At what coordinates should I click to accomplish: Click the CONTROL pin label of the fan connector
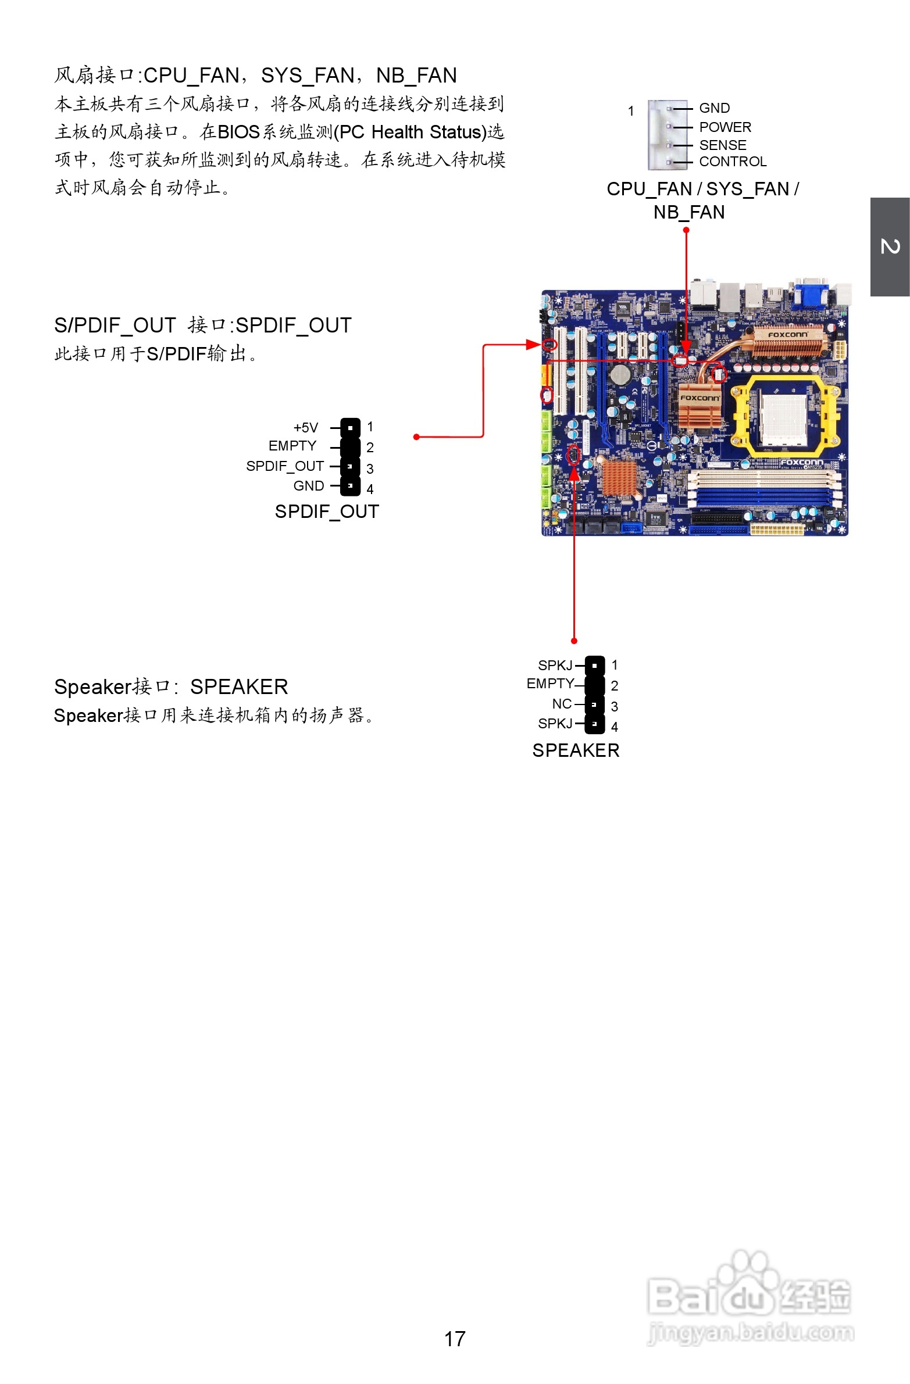[x=733, y=162]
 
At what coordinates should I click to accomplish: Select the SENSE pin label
[x=723, y=145]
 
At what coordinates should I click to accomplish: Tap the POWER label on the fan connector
[x=725, y=127]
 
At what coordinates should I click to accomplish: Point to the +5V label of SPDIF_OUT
[x=306, y=428]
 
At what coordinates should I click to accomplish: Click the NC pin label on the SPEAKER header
[x=562, y=704]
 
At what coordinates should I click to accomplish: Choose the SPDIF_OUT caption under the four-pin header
[x=327, y=512]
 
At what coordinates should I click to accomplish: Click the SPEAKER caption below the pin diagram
[x=576, y=751]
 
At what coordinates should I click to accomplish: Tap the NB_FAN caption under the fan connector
[x=689, y=213]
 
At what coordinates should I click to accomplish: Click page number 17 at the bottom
[x=454, y=1339]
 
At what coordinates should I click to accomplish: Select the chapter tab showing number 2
[x=890, y=246]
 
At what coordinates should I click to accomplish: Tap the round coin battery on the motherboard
[x=621, y=374]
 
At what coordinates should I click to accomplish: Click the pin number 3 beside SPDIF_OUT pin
[x=370, y=469]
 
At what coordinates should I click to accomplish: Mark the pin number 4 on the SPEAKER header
[x=615, y=727]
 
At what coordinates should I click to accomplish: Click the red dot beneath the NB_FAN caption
[x=686, y=230]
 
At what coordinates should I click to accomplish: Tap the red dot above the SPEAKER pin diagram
[x=574, y=641]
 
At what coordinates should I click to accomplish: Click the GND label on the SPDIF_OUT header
[x=308, y=486]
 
